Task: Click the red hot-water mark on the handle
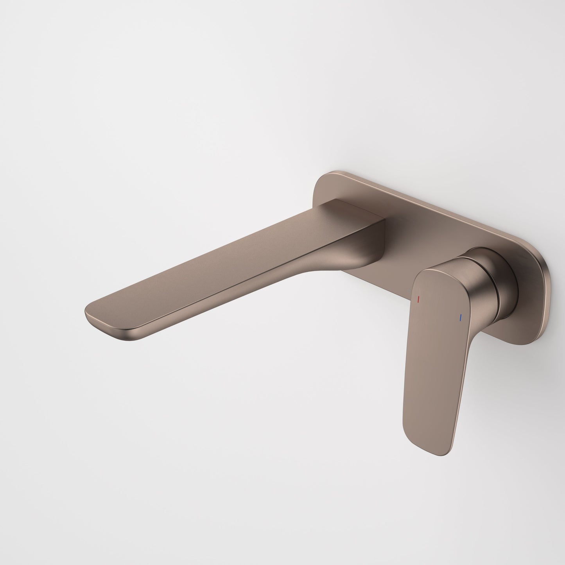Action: click(x=418, y=300)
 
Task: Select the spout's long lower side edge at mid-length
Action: click(x=235, y=301)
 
